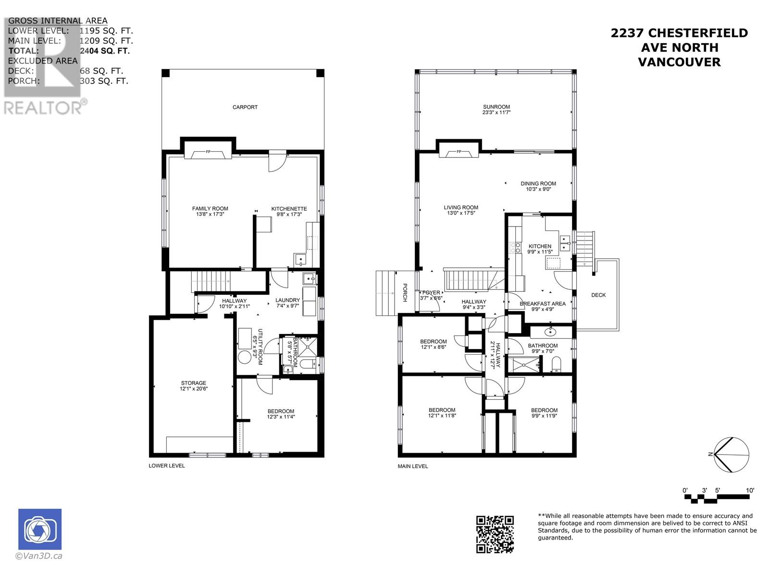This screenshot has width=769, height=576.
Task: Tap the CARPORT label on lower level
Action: tap(245, 107)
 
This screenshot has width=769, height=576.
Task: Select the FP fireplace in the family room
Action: tap(208, 153)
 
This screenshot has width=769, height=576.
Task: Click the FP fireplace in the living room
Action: tap(459, 153)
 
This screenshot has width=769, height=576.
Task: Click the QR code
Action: tap(495, 534)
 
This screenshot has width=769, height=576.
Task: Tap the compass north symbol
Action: tap(731, 455)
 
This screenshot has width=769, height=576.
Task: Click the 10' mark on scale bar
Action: tap(750, 490)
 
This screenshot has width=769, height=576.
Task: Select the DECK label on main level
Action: tap(598, 295)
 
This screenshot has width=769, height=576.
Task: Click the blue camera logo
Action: tap(40, 529)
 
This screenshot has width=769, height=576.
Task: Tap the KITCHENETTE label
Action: tap(289, 209)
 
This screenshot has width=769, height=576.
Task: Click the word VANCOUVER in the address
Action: tap(679, 62)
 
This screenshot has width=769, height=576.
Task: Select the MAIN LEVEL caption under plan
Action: tap(412, 466)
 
